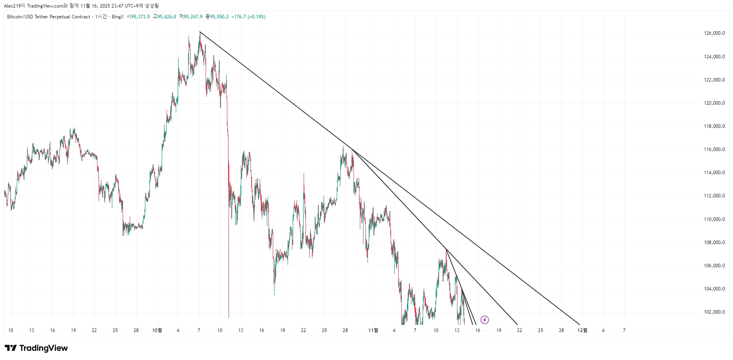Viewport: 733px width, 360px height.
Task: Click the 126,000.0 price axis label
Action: click(x=714, y=33)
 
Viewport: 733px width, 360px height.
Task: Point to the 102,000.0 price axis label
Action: click(x=714, y=312)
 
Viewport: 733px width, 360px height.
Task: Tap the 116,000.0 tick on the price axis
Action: click(x=714, y=149)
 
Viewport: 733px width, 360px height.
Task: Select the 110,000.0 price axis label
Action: click(x=714, y=219)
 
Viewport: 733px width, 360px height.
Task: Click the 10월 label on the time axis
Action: click(x=157, y=330)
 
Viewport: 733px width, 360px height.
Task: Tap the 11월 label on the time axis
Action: click(x=373, y=330)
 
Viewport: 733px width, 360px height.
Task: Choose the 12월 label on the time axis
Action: click(x=582, y=330)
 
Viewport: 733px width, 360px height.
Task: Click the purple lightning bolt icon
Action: click(x=485, y=320)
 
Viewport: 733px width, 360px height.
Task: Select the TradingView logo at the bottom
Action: click(x=36, y=348)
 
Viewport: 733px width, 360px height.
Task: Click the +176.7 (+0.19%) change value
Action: click(x=248, y=17)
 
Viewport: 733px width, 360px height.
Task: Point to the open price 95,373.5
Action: click(x=140, y=17)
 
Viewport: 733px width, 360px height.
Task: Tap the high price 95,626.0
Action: click(x=167, y=17)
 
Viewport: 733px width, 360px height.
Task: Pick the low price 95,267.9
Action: click(x=193, y=17)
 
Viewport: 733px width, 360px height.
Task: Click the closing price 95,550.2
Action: click(x=219, y=17)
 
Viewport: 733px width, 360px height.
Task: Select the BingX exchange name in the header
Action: click(x=117, y=17)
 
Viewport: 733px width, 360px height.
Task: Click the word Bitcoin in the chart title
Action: click(x=15, y=17)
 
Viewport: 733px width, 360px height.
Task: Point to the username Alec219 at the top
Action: click(x=12, y=6)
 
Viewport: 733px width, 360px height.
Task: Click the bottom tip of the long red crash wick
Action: click(x=228, y=317)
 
